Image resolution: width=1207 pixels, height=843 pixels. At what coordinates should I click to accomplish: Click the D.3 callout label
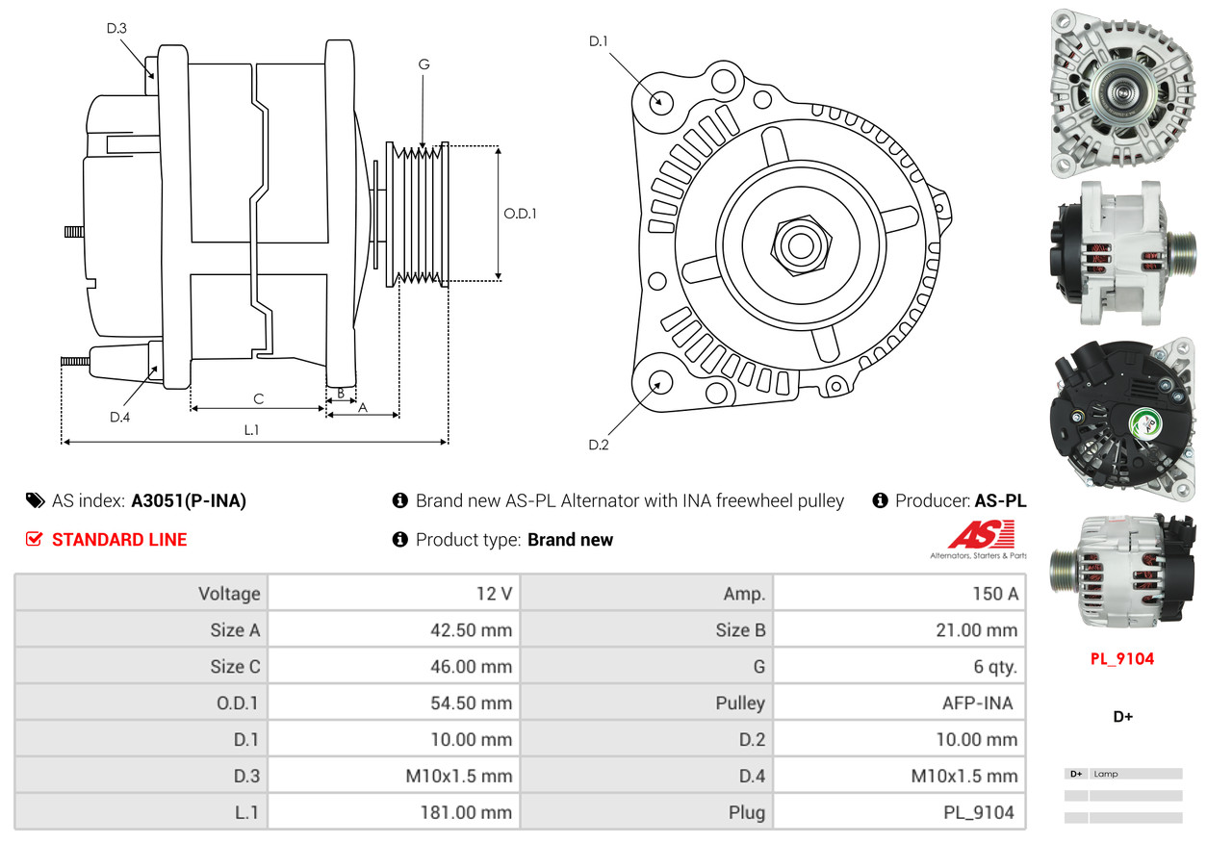point(116,28)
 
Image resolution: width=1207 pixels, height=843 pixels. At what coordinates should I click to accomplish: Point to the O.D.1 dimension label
point(520,214)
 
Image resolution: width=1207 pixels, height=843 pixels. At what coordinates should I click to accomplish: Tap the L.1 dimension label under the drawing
point(251,430)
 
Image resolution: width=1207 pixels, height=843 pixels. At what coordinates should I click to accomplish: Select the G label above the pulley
point(424,64)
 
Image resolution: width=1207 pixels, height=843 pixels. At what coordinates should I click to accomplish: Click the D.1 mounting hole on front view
point(660,101)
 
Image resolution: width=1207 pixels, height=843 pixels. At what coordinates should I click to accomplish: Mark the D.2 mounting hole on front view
point(659,382)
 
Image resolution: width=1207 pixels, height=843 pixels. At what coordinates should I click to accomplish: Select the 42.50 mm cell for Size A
point(471,630)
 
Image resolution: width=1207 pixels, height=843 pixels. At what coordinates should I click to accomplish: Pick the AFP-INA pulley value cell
point(977,702)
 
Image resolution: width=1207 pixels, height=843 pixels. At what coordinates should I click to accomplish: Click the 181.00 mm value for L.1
point(466,812)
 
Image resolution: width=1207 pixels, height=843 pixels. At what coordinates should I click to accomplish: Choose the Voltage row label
point(229,593)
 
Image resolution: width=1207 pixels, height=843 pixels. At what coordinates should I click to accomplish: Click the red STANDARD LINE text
point(119,540)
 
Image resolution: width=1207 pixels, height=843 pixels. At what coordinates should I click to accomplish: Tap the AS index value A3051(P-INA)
point(189,500)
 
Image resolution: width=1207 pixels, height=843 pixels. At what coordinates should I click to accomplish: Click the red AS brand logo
point(981,535)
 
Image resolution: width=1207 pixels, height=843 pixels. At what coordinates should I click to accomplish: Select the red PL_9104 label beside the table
point(1121,659)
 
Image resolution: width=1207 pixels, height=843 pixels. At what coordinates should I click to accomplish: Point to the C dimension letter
point(258,398)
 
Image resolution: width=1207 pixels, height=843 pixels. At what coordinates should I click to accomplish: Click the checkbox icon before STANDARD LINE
point(35,540)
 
